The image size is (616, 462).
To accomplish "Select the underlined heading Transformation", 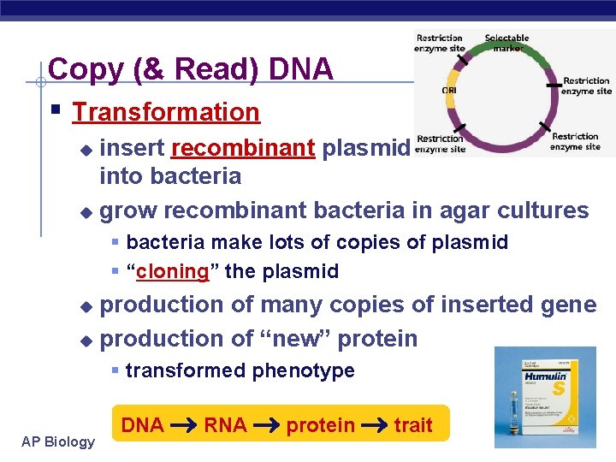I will point(166,112).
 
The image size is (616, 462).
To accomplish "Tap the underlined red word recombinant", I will point(243,148).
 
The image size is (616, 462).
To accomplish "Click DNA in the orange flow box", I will point(142,424).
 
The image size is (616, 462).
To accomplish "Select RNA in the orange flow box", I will point(225,424).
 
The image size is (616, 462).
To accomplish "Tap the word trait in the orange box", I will point(413,424).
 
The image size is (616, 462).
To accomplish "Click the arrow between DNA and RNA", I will point(183,425).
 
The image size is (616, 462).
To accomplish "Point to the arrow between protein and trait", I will point(374,425).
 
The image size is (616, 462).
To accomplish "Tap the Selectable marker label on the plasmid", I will point(506,43).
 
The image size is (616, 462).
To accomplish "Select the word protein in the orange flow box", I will point(320,425).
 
